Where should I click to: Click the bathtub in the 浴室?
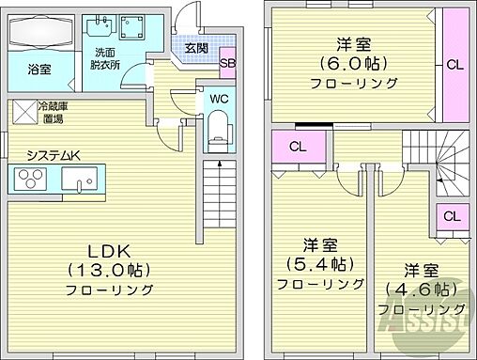click(x=38, y=35)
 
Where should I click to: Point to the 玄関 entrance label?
click(x=195, y=48)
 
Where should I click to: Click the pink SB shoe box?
click(x=228, y=65)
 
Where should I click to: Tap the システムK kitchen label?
click(x=53, y=155)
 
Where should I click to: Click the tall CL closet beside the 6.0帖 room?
click(x=454, y=65)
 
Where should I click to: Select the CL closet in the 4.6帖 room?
click(x=451, y=216)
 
